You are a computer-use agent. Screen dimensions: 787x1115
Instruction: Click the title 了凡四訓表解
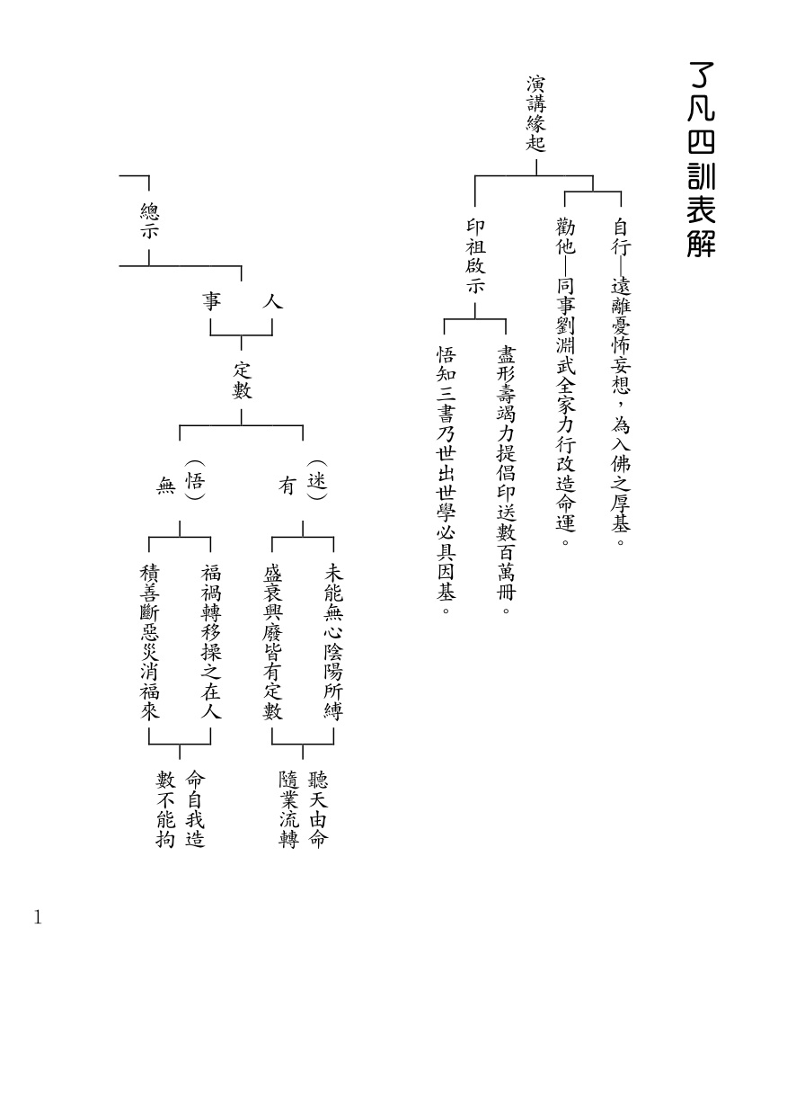pos(701,160)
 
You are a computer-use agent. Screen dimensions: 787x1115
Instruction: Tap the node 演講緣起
pos(535,113)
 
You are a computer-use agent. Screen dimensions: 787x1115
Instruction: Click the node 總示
pos(149,221)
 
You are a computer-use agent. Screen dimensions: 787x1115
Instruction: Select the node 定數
pos(242,380)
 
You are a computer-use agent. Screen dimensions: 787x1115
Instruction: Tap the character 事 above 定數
pos(211,303)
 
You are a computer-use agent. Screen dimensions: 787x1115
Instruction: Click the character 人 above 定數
pos(271,303)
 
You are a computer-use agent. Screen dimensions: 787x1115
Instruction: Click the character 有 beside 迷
pos(287,486)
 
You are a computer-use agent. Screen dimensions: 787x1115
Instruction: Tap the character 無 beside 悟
pos(164,486)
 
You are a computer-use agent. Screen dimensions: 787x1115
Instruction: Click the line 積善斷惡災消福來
pos(149,641)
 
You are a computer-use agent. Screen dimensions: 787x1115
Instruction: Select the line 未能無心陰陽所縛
pos(333,641)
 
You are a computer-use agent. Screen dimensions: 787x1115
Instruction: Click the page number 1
pos(38,918)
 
